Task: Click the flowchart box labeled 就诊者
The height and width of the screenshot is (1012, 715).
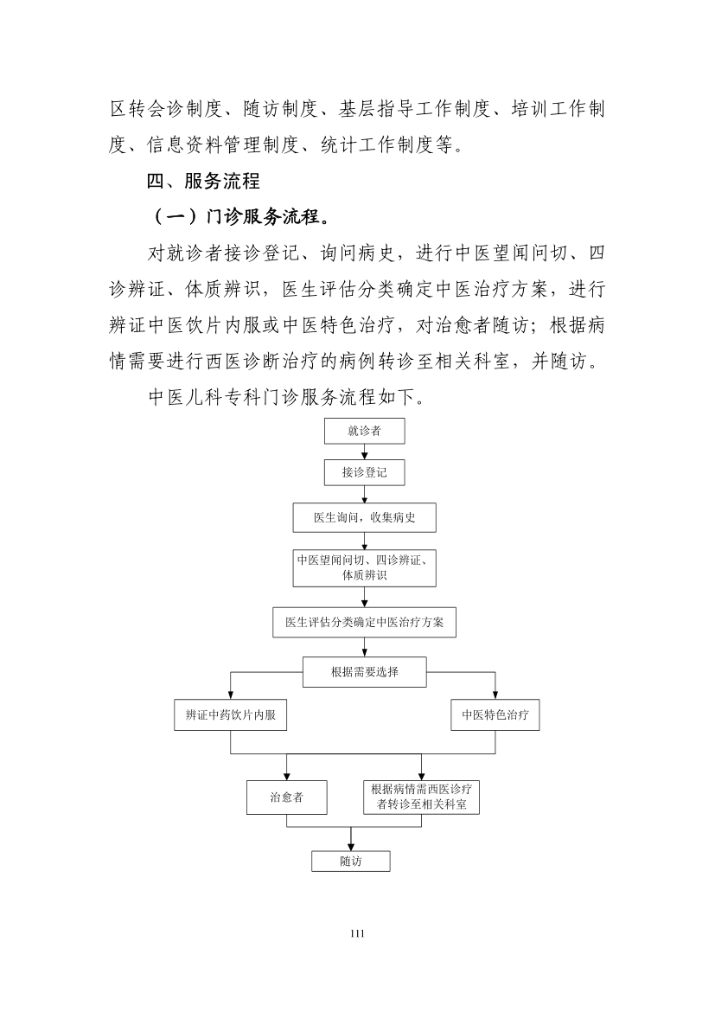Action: [364, 431]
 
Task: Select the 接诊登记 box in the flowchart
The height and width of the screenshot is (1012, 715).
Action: [364, 472]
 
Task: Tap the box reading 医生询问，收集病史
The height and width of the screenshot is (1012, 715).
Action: [364, 517]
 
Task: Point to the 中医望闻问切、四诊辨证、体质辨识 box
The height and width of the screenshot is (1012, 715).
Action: [364, 568]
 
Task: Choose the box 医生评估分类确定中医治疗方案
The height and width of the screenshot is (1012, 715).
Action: [364, 623]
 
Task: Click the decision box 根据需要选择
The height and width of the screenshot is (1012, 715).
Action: [365, 672]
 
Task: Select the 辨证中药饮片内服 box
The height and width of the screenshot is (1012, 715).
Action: [230, 715]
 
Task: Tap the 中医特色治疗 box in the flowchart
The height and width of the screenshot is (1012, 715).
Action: [495, 715]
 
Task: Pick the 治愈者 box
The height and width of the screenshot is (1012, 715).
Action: [286, 797]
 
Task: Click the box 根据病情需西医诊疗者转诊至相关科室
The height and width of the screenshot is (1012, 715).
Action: [421, 797]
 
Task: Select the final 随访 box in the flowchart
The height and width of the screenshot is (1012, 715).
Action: [351, 861]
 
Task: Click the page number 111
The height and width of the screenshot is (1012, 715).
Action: [358, 933]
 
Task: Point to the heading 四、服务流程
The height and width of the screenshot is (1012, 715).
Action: [203, 181]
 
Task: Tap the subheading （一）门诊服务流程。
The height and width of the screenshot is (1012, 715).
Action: [242, 217]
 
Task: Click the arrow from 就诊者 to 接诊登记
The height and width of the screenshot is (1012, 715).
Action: [365, 452]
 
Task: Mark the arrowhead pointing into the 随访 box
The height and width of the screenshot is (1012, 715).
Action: [351, 847]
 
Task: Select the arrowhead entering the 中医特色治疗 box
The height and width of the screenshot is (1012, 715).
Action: [495, 695]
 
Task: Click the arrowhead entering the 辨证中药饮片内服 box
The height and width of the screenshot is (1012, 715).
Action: [230, 695]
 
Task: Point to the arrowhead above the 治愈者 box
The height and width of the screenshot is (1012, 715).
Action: [286, 777]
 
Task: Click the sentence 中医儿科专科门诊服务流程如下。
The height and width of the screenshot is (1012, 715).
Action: [287, 397]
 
